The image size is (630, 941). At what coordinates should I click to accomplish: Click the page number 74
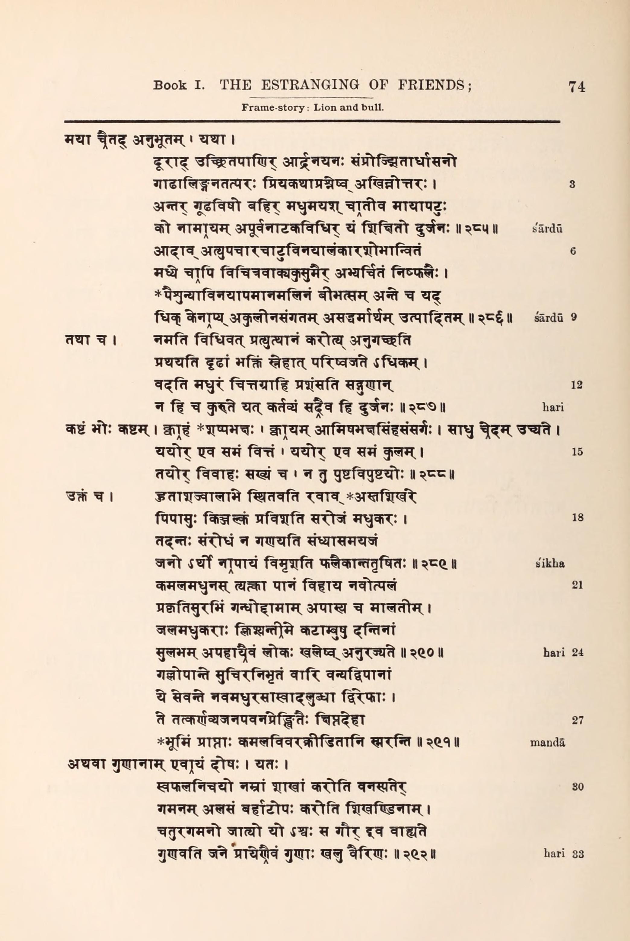(577, 87)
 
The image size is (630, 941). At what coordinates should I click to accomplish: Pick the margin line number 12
(576, 385)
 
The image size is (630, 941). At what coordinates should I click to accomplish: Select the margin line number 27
(577, 720)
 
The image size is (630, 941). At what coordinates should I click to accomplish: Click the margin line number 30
(577, 787)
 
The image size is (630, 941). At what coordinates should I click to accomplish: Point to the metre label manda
(547, 743)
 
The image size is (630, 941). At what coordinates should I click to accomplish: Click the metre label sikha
(550, 564)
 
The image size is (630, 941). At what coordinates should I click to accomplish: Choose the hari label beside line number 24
(554, 653)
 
